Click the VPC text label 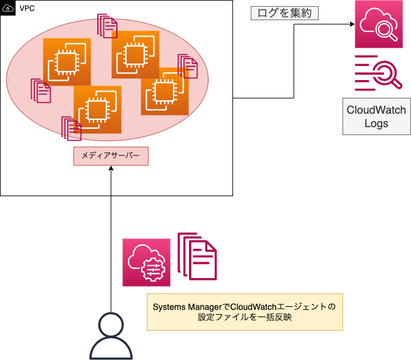click(x=27, y=9)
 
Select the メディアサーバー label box click(x=111, y=156)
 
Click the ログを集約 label click(x=285, y=13)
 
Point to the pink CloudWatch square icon click(x=379, y=24)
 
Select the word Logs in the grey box click(x=376, y=123)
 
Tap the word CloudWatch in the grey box click(x=376, y=111)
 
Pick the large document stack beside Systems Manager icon click(x=197, y=256)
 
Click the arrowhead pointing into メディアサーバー click(x=111, y=169)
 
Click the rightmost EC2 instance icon click(x=165, y=91)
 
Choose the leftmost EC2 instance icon click(x=67, y=62)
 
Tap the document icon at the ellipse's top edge click(x=108, y=26)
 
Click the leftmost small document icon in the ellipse click(x=40, y=90)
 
